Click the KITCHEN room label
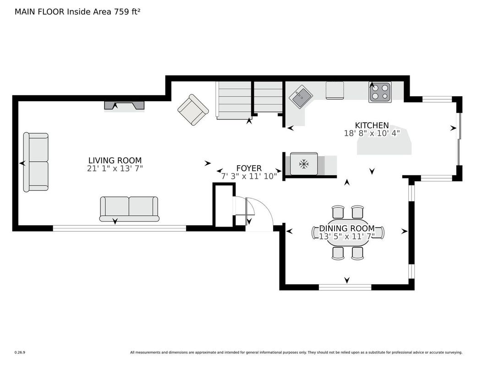pyautogui.click(x=372, y=125)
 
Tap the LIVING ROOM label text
pyautogui.click(x=115, y=161)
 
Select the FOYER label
pyautogui.click(x=249, y=168)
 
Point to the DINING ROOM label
pyautogui.click(x=347, y=228)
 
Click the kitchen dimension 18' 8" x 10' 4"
pyautogui.click(x=372, y=133)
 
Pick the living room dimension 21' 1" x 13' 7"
pyautogui.click(x=115, y=168)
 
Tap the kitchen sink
pyautogui.click(x=301, y=96)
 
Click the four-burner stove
pyautogui.click(x=380, y=92)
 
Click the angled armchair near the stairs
pyautogui.click(x=193, y=110)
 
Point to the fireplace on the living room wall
pyautogui.click(x=124, y=105)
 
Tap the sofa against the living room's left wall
pyautogui.click(x=36, y=162)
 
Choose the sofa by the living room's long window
pyautogui.click(x=129, y=209)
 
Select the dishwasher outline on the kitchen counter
pyautogui.click(x=334, y=90)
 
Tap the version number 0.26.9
pyautogui.click(x=20, y=352)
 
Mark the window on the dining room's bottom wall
pyautogui.click(x=345, y=287)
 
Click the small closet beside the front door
pyautogui.click(x=224, y=206)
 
